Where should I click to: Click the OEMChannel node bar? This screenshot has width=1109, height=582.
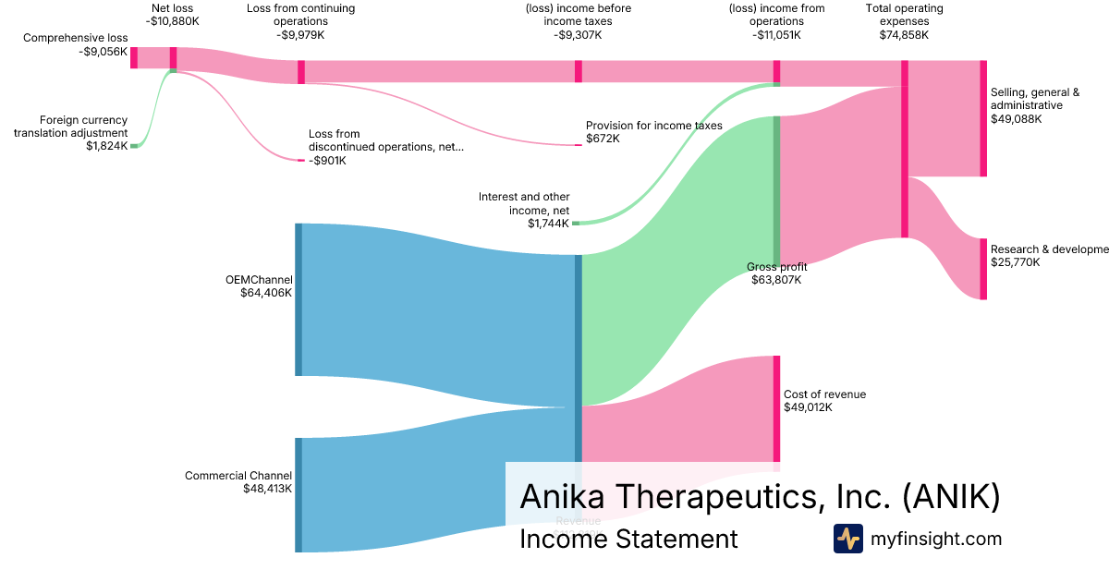pyautogui.click(x=299, y=299)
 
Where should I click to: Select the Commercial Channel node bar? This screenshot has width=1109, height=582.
pyautogui.click(x=299, y=495)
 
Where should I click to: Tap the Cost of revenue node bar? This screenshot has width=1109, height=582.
pyautogui.click(x=776, y=408)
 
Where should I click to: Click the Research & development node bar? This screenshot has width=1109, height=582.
pyautogui.click(x=983, y=269)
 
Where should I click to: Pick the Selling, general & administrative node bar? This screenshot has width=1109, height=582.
pyautogui.click(x=983, y=118)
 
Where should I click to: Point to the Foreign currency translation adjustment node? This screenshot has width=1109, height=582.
pyautogui.click(x=134, y=146)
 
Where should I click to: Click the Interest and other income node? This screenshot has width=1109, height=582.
pyautogui.click(x=576, y=223)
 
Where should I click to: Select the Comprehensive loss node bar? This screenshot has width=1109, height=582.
pyautogui.click(x=134, y=56)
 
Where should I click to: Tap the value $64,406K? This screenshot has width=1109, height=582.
pyautogui.click(x=265, y=293)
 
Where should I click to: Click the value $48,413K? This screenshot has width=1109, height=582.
pyautogui.click(x=267, y=489)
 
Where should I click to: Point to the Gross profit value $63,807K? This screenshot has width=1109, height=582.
pyautogui.click(x=776, y=280)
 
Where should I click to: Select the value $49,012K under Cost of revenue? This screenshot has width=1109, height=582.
pyautogui.click(x=808, y=407)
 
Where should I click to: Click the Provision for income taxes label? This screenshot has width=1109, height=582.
pyautogui.click(x=653, y=126)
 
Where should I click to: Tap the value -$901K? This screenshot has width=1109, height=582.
pyautogui.click(x=327, y=161)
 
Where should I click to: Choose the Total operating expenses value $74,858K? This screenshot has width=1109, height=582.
pyautogui.click(x=904, y=35)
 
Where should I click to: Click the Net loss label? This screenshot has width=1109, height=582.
pyautogui.click(x=173, y=8)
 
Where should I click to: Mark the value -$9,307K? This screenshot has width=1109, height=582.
pyautogui.click(x=579, y=35)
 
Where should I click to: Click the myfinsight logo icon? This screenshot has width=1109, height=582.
pyautogui.click(x=847, y=539)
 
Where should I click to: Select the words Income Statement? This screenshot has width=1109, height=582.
pyautogui.click(x=628, y=539)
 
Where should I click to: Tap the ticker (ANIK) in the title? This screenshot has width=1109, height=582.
pyautogui.click(x=951, y=496)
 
